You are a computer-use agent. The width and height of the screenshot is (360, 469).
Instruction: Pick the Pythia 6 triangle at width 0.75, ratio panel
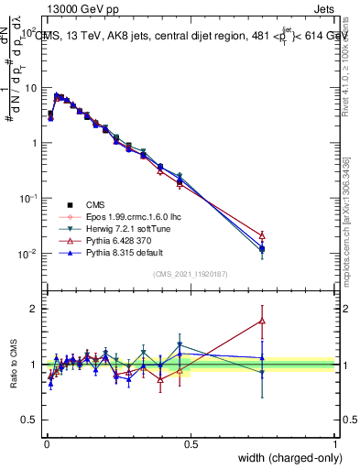tap(263, 321)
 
